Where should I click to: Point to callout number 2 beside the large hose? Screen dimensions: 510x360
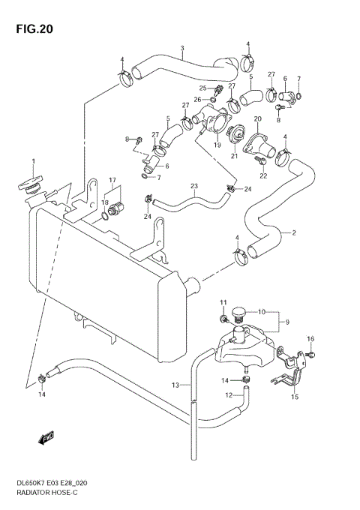point(294,232)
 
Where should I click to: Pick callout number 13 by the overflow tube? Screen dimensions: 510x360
point(173,385)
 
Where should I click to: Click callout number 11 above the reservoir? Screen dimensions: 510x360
point(223,301)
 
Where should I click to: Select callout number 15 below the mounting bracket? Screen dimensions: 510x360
point(295,397)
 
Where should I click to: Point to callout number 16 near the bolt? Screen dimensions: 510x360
point(310,338)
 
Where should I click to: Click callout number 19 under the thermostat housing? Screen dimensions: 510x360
point(217,145)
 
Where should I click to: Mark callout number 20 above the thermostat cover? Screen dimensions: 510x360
point(257,119)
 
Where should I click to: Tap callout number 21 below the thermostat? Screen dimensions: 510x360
point(235,155)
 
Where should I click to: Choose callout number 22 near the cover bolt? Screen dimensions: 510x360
point(263,175)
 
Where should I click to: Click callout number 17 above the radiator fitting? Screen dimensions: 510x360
point(112,179)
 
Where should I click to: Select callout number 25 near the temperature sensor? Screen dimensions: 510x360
point(202,88)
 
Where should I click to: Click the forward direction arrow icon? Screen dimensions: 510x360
point(46,436)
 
